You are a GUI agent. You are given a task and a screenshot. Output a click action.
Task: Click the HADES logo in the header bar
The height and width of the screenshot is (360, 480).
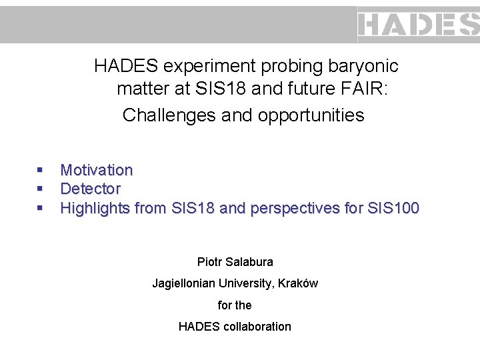[x=419, y=25]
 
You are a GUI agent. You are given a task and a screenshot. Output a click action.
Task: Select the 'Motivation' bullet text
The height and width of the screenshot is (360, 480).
[x=97, y=171]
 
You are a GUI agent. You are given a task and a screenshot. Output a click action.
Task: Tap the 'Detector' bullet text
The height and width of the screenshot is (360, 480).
[x=91, y=189]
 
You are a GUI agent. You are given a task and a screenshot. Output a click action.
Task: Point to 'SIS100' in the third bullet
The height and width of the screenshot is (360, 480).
[x=393, y=209]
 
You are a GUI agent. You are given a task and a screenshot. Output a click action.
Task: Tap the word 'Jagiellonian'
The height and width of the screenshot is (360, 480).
[x=181, y=283]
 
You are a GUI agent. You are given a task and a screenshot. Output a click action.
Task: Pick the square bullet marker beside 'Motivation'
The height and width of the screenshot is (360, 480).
[x=41, y=171]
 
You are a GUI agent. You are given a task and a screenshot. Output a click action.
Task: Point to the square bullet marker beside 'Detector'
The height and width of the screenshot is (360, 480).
[x=41, y=190]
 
